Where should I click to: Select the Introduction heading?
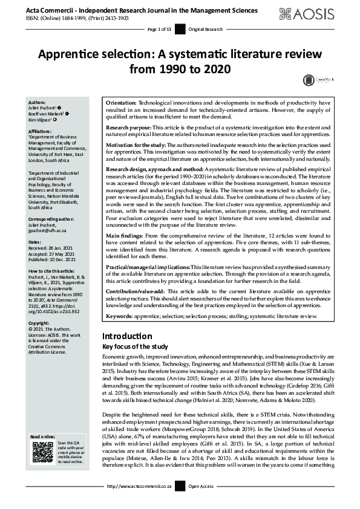click(x=127, y=336)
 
